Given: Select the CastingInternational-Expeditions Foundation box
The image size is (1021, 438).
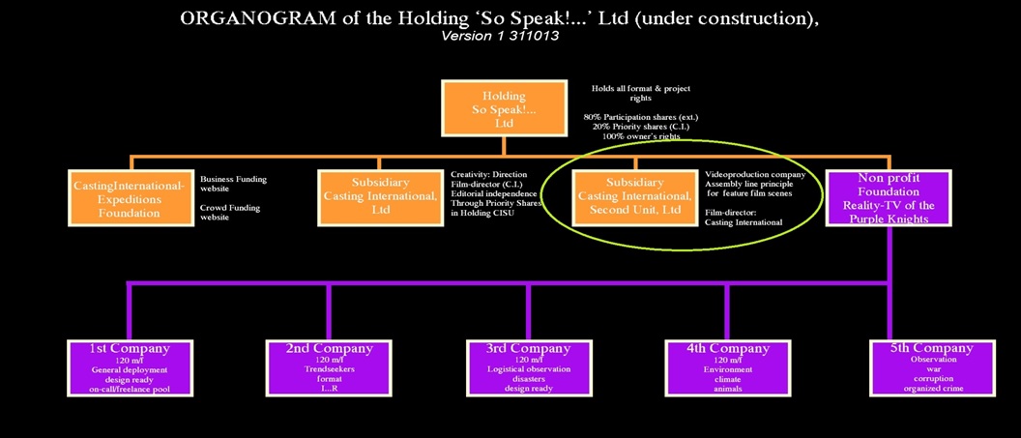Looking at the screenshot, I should pos(129,198).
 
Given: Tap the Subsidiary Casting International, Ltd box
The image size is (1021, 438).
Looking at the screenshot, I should pos(379,198).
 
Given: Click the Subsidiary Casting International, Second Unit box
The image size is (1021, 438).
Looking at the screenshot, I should pos(634,198).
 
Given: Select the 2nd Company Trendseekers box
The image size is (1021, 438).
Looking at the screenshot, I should pos(329,367).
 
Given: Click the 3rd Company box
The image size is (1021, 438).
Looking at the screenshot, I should pos(528,367).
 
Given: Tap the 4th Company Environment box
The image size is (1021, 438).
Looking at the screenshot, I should pos(728,367).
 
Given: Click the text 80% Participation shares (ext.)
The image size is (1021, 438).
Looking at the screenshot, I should pos(640,117).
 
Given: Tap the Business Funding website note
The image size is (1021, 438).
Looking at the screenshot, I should pos(233,184).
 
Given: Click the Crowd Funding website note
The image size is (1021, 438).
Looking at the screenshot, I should pos(229,213).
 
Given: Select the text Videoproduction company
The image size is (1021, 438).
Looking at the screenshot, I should pos(755,174).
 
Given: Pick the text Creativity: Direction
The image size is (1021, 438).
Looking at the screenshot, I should pos(488,174).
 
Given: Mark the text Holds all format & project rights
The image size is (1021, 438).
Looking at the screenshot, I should pos(641,93).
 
